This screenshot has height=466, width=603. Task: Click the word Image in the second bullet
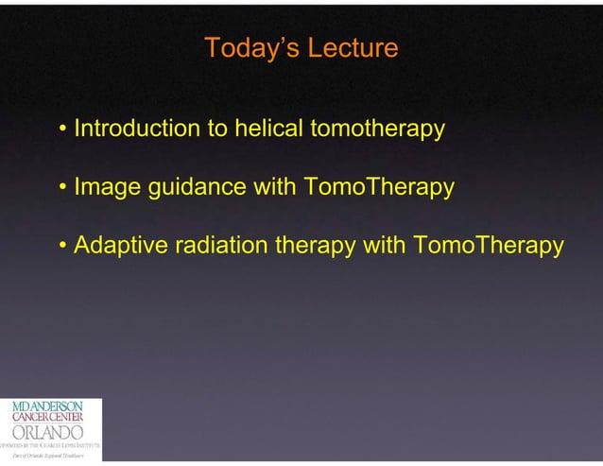click(107, 187)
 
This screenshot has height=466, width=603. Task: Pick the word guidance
click(198, 187)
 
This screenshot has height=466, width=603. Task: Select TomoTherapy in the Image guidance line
click(379, 187)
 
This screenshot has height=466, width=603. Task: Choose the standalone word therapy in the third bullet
click(318, 246)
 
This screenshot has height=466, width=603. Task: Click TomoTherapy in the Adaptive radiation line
click(489, 246)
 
